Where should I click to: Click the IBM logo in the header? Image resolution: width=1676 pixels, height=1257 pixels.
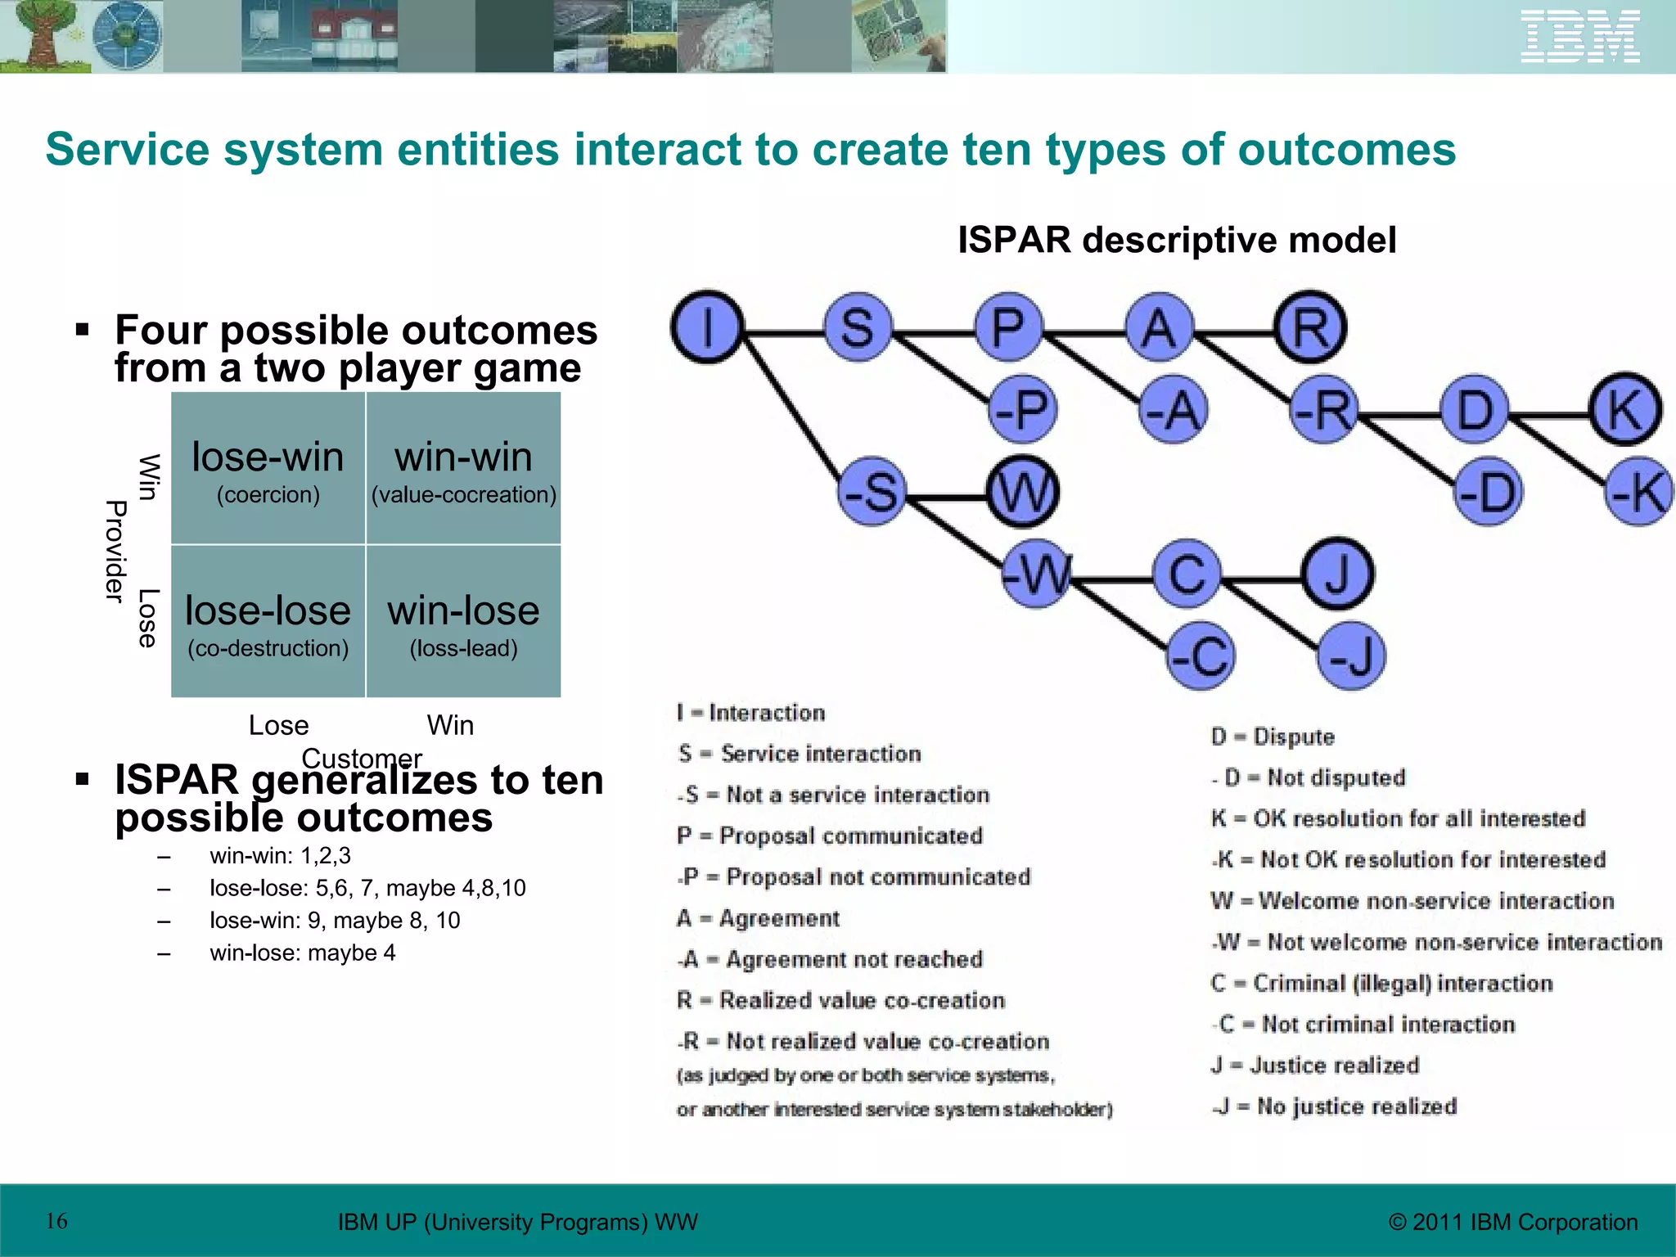tap(1579, 37)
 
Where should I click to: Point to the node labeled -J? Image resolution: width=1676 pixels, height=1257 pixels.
tap(1351, 656)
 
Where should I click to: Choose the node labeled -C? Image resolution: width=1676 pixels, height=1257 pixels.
tap(1200, 656)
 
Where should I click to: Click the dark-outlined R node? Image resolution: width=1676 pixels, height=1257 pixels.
tap(1310, 327)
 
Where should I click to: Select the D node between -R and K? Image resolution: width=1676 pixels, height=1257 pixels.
tap(1475, 409)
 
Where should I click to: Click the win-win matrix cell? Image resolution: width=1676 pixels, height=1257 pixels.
tap(463, 468)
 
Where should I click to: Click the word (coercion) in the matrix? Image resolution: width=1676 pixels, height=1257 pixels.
tap(268, 495)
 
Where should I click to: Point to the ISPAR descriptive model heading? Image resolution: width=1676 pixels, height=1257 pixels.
tap(1176, 240)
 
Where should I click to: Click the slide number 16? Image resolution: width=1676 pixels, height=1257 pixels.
tap(56, 1221)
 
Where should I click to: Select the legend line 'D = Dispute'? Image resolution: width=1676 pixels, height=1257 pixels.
tap(1273, 737)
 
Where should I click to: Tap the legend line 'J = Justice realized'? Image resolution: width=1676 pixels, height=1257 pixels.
tap(1314, 1065)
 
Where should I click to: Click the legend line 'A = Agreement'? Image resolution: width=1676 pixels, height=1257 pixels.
tap(758, 918)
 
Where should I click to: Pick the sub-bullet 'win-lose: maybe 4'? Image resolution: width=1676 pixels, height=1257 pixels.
tap(302, 953)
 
